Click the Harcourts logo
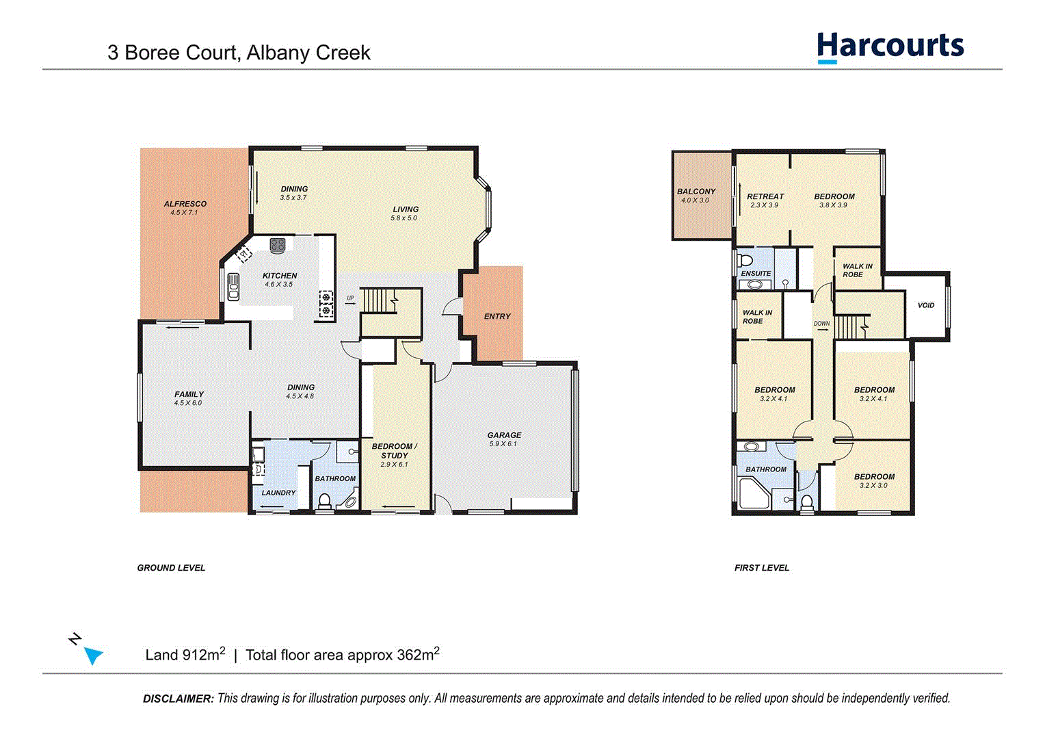pos(890,47)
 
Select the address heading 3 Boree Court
pos(239,53)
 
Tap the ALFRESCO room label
pos(185,204)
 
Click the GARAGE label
pos(504,435)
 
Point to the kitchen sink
pos(233,286)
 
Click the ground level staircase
pos(379,301)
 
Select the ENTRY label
pos(497,316)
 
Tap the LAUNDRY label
pos(278,493)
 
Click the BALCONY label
pos(696,192)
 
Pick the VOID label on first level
pos(925,305)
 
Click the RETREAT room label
pos(765,196)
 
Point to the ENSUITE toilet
pos(745,260)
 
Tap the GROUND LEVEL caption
pos(171,568)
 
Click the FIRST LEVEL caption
pos(761,568)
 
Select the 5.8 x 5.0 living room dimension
pos(404,218)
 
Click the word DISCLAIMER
pos(178,699)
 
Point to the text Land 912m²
pos(185,655)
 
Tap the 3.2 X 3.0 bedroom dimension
pos(873,486)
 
